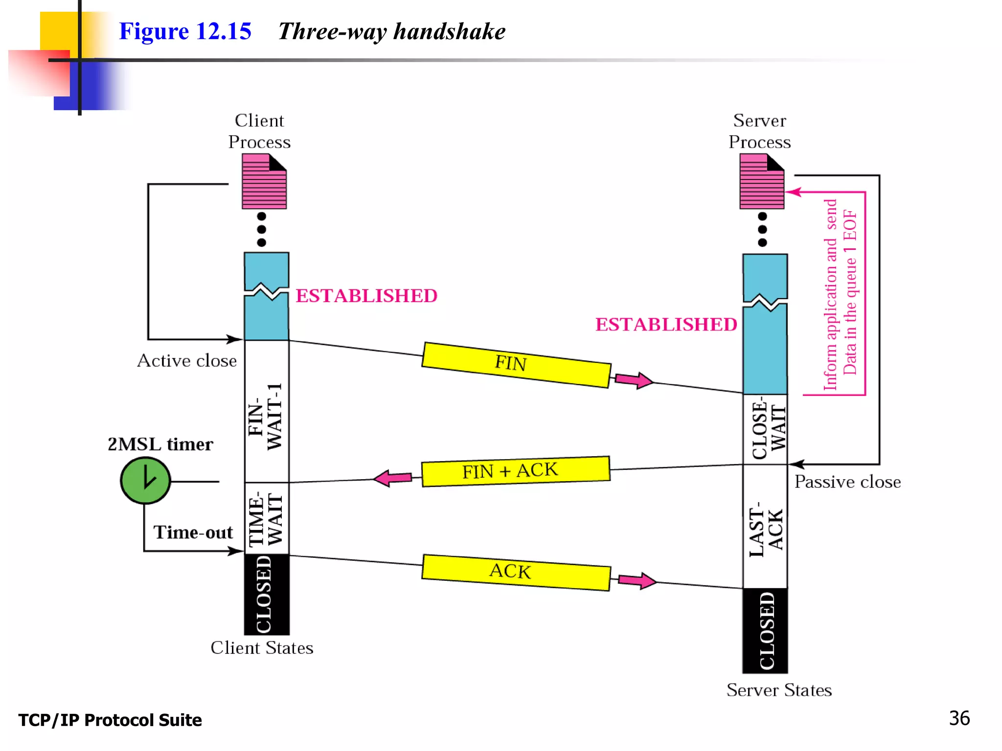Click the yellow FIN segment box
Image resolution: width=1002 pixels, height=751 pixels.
coord(516,365)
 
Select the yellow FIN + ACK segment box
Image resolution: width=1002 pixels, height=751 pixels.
coord(515,471)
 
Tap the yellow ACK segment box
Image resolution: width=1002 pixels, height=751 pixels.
coord(516,573)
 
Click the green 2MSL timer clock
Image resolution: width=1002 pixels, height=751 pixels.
coord(145,481)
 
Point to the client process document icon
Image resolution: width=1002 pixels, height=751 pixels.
coord(264,181)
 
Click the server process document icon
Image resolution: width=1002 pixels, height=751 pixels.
coord(762,181)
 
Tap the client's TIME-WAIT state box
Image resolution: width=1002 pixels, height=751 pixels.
coord(267,518)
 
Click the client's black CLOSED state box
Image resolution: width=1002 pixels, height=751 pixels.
coord(267,595)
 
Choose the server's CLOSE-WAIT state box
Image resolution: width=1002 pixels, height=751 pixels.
coord(765,429)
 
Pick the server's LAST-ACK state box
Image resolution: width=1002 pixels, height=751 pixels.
coord(765,527)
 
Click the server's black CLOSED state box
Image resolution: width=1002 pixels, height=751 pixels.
coord(765,631)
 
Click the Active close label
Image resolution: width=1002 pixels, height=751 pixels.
coord(187,361)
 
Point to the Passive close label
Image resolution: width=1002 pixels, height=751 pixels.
coord(847,482)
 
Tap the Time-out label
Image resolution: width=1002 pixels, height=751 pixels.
coord(193,532)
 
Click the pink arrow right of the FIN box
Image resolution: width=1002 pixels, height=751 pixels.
coord(634,380)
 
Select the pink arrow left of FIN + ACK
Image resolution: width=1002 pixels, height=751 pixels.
coord(393,478)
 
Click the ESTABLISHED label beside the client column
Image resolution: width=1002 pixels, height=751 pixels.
coord(366,296)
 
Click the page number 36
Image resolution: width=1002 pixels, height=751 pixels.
coord(959,718)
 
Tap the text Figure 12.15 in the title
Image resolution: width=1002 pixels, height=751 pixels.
coord(185,32)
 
